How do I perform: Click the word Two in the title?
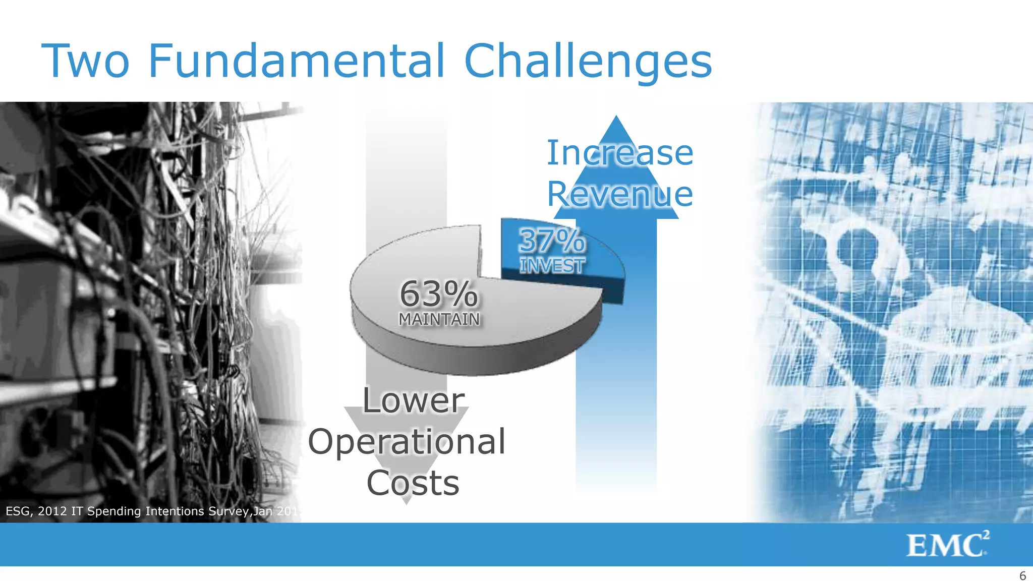tap(86, 62)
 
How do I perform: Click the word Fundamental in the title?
tap(297, 62)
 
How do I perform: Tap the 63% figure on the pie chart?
tap(438, 294)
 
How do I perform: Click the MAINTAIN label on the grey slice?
tap(439, 319)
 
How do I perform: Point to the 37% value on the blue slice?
tap(552, 241)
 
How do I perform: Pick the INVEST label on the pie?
tap(552, 265)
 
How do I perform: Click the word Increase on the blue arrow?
tap(620, 153)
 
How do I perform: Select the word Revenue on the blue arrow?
tap(620, 194)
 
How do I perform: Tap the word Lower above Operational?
tap(414, 400)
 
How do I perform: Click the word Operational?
tap(407, 442)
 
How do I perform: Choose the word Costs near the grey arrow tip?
tap(413, 483)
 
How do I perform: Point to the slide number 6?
tap(1022, 576)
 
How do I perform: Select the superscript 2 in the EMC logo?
tap(986, 535)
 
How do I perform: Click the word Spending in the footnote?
tap(114, 511)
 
